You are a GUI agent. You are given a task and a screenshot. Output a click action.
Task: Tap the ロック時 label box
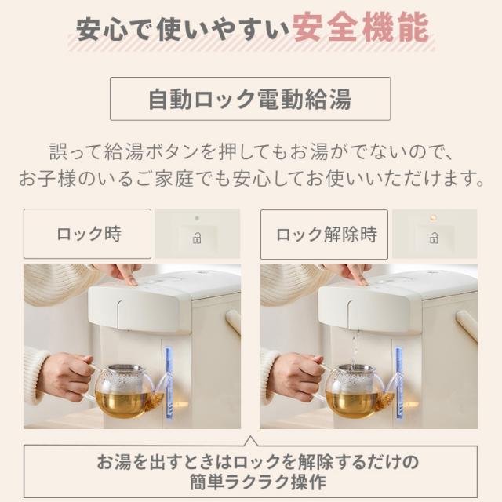tap(87, 234)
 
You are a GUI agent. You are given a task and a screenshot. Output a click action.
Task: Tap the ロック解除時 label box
tap(324, 234)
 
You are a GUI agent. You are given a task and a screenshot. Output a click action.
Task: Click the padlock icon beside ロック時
tap(198, 238)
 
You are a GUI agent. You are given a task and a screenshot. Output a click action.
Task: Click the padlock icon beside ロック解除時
tap(434, 238)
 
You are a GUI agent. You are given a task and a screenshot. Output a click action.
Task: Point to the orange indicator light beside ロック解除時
tap(432, 217)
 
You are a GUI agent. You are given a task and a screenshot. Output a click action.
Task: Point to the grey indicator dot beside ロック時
tap(198, 217)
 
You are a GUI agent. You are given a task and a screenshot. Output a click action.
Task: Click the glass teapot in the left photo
tap(123, 390)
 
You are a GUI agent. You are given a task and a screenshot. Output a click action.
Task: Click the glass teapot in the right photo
tap(355, 390)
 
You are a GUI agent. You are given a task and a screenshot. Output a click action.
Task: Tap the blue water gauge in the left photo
tap(169, 383)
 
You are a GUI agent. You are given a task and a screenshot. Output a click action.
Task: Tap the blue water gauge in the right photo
tap(400, 383)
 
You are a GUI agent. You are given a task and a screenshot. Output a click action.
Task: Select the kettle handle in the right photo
tap(466, 324)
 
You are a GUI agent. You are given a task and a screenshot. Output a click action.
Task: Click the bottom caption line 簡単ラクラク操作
tap(250, 481)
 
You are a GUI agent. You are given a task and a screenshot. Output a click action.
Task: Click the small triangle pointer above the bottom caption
tap(250, 441)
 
